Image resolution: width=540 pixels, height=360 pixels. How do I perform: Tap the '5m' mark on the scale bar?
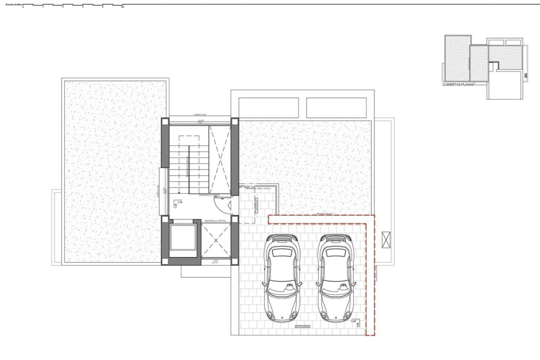click(x=122, y=7)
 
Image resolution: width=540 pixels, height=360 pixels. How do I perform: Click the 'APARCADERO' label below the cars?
click(x=302, y=327)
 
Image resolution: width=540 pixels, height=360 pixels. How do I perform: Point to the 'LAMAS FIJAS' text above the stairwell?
click(x=200, y=115)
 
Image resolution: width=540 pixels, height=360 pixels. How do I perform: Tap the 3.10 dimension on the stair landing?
click(x=180, y=202)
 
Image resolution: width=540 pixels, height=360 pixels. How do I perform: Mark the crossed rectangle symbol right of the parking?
click(x=386, y=240)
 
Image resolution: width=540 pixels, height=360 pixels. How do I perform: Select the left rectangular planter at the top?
click(x=268, y=108)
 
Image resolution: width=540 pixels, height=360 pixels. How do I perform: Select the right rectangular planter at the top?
click(x=336, y=108)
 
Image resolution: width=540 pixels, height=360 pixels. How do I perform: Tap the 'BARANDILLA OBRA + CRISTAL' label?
click(x=258, y=188)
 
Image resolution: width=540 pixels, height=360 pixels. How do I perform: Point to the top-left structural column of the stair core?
click(x=165, y=121)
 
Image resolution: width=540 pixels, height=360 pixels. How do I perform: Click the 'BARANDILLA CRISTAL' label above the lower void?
click(x=216, y=221)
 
